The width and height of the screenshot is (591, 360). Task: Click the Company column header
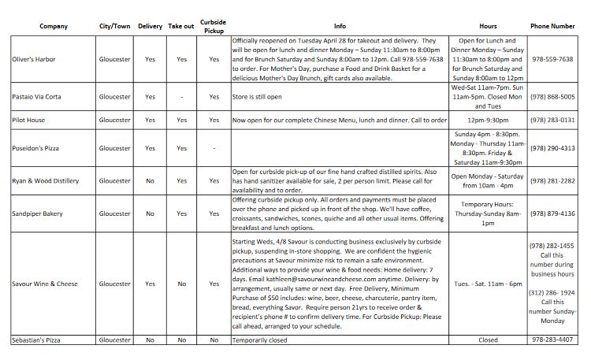pos(54,26)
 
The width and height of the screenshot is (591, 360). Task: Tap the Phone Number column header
pos(552,26)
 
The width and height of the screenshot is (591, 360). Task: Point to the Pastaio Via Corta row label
pos(39,97)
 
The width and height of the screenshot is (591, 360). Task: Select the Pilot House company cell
pos(29,120)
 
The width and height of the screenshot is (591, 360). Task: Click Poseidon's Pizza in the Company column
pos(36,148)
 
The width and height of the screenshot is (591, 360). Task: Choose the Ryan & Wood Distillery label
pos(46,180)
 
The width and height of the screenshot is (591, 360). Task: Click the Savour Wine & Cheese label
pos(44,284)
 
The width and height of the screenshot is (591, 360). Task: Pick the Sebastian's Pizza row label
pos(37,340)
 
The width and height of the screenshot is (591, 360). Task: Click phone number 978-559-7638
pos(552,59)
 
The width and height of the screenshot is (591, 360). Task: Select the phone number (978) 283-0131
pos(552,120)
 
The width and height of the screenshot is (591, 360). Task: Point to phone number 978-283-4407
pos(552,340)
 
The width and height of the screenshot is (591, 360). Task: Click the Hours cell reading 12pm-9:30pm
pos(488,120)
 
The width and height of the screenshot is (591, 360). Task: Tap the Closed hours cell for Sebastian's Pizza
pos(488,340)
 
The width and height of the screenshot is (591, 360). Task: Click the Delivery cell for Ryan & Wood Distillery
pos(150,180)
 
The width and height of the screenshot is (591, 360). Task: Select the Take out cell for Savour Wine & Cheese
pos(181,284)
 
